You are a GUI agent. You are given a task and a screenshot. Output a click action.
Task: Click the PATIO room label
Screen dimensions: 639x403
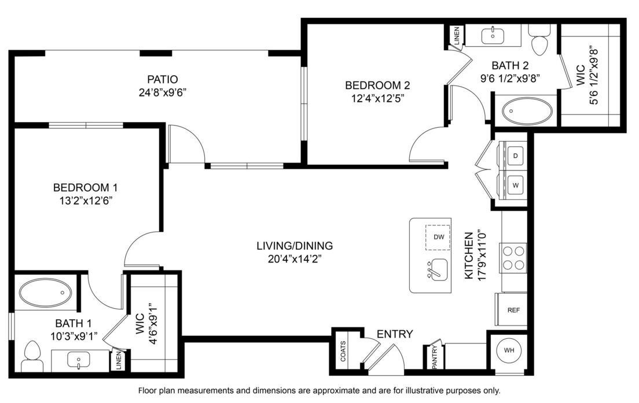[x=163, y=79]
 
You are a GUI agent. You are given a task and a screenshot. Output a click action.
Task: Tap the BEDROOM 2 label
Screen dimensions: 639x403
[x=377, y=86]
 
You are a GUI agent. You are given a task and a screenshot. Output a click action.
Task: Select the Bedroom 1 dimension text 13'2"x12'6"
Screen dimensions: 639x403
[x=86, y=201]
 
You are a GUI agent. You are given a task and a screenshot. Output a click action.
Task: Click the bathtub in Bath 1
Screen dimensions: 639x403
[x=46, y=293]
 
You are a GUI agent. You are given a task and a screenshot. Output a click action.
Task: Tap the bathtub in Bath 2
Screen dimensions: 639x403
[x=527, y=111]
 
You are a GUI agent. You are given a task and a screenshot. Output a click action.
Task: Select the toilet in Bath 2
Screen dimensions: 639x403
[x=540, y=40]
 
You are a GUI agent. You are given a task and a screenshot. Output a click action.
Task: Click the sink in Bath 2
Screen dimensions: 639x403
[x=493, y=35]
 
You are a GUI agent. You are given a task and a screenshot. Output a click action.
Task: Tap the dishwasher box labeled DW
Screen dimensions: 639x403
[x=438, y=237]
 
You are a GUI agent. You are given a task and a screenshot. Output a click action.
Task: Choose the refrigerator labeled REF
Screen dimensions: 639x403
[x=512, y=309]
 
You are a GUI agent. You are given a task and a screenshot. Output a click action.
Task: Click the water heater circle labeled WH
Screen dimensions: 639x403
[x=509, y=350]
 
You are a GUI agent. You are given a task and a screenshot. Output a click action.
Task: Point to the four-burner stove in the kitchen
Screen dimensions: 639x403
[x=513, y=258]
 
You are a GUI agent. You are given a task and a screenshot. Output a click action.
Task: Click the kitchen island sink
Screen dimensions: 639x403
[x=437, y=269]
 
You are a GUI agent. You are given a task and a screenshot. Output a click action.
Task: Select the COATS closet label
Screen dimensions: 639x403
[x=343, y=352]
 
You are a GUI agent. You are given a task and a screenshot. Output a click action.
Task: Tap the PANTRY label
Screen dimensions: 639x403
[x=435, y=357]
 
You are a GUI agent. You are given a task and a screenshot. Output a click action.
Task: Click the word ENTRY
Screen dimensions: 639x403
[x=395, y=334]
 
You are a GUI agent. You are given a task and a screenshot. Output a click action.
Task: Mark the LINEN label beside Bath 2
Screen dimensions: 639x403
[x=457, y=36]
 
